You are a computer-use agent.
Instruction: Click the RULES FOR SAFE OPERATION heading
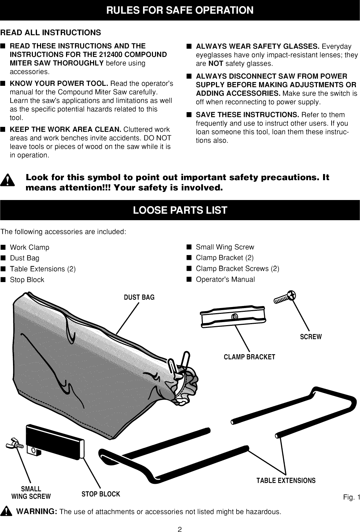[180, 10]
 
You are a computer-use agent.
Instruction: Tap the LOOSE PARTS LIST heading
[180, 210]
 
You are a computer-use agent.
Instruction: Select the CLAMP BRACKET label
[249, 357]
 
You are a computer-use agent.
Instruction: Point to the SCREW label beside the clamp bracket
[311, 337]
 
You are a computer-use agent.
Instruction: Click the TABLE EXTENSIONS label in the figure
[286, 480]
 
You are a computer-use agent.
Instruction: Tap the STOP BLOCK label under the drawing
[101, 494]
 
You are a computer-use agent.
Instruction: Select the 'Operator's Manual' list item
[225, 279]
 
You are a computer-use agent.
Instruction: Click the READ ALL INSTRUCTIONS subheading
[51, 32]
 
